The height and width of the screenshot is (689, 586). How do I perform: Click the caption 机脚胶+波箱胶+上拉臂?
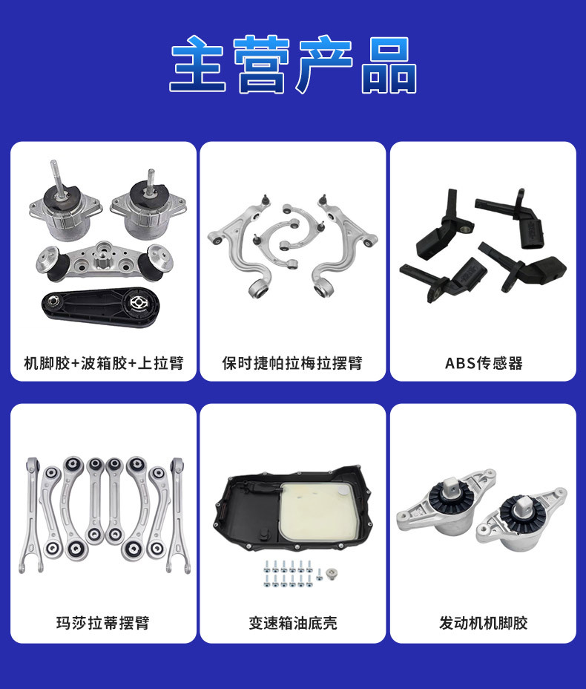click(x=103, y=364)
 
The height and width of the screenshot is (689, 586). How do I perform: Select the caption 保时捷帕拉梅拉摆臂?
click(x=292, y=364)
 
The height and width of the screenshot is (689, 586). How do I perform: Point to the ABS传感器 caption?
click(x=484, y=364)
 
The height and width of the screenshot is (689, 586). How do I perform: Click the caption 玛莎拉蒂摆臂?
click(x=103, y=622)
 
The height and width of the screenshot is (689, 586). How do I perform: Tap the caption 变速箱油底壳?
click(x=292, y=622)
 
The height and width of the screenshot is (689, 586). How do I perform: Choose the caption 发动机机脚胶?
click(x=484, y=622)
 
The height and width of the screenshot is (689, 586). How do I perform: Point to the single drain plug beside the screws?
click(x=331, y=572)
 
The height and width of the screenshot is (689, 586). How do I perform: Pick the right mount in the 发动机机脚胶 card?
click(x=522, y=515)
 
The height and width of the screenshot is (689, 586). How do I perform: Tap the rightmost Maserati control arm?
click(x=177, y=512)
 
